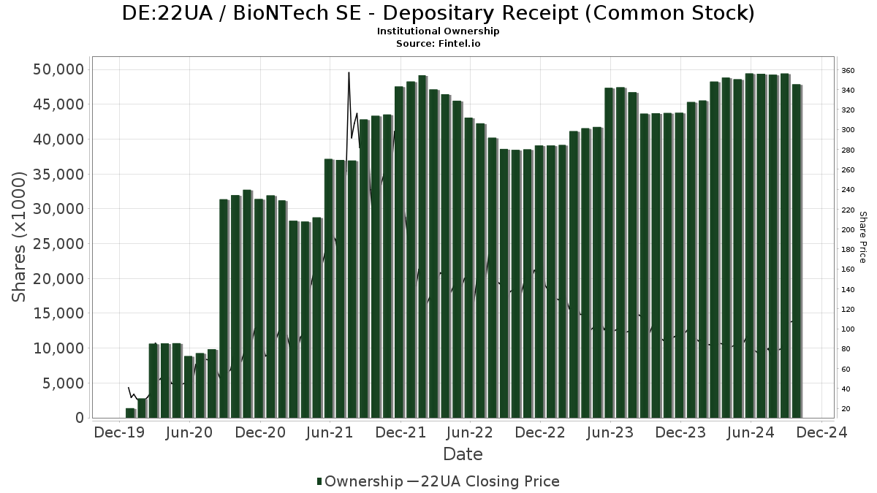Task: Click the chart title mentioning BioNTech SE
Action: click(x=438, y=14)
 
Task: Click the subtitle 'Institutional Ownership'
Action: click(x=438, y=31)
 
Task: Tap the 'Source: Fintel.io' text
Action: click(x=438, y=44)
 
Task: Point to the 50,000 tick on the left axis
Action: click(x=59, y=69)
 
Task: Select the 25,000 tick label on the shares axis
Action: click(x=59, y=244)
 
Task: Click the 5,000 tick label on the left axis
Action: click(x=64, y=383)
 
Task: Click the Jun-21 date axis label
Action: click(x=330, y=433)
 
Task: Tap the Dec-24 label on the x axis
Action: click(x=821, y=433)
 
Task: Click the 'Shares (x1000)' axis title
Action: click(x=20, y=237)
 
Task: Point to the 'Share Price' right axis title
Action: click(x=863, y=237)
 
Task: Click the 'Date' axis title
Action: click(x=463, y=454)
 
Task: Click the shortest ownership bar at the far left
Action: click(x=130, y=413)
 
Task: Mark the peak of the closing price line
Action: click(x=349, y=72)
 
